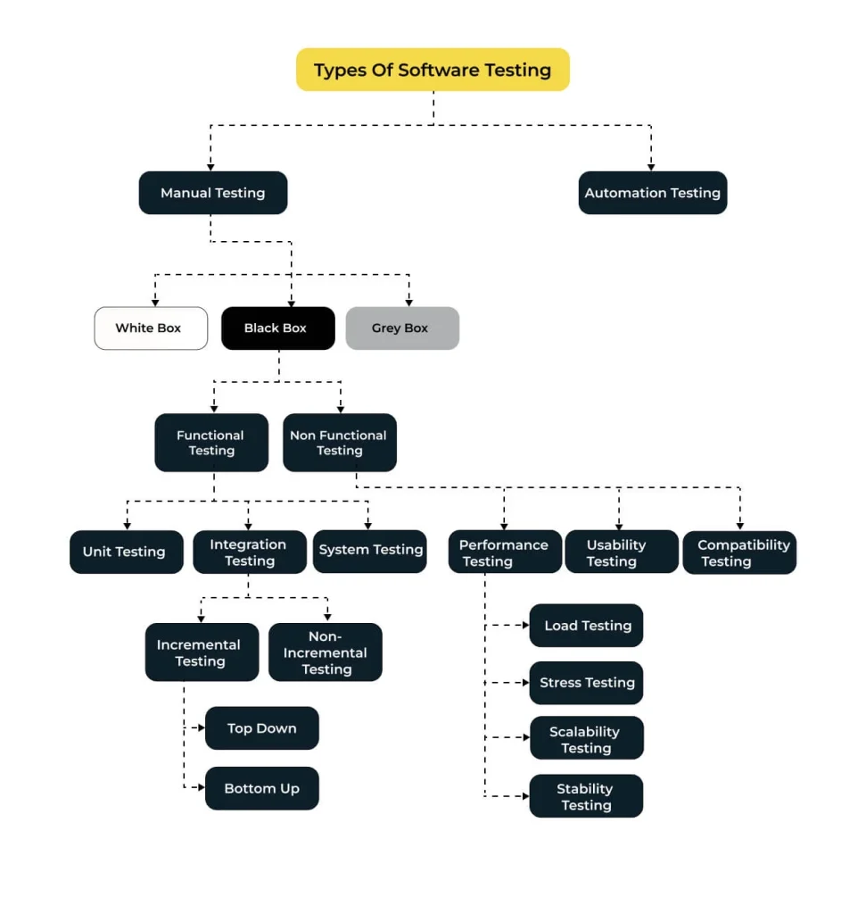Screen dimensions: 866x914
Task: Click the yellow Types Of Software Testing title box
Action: coord(433,70)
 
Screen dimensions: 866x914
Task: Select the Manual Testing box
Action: coord(212,193)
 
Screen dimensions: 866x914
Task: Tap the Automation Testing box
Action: coord(652,193)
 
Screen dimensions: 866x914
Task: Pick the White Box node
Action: coord(151,328)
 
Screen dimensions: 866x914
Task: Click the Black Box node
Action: coord(277,328)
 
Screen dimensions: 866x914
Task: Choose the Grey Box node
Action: coord(402,328)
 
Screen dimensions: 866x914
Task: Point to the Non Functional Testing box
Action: coord(340,443)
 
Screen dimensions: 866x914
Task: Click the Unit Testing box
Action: coord(127,552)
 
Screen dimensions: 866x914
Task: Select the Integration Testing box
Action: coord(249,552)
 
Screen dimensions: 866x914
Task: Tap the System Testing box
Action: coord(370,551)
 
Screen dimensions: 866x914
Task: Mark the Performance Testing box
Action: coord(505,552)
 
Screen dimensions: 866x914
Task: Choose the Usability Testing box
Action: coord(622,552)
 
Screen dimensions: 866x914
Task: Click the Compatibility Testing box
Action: coord(739,552)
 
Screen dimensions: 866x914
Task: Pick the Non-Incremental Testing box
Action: coord(325,652)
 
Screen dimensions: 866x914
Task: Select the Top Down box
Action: coord(261,728)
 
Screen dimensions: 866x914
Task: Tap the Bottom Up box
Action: coord(261,788)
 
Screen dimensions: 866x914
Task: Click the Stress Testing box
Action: coord(586,683)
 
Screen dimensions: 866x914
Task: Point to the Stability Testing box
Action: coord(586,795)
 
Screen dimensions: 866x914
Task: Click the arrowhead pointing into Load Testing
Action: coord(526,625)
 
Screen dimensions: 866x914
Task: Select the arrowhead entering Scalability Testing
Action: coord(526,737)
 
